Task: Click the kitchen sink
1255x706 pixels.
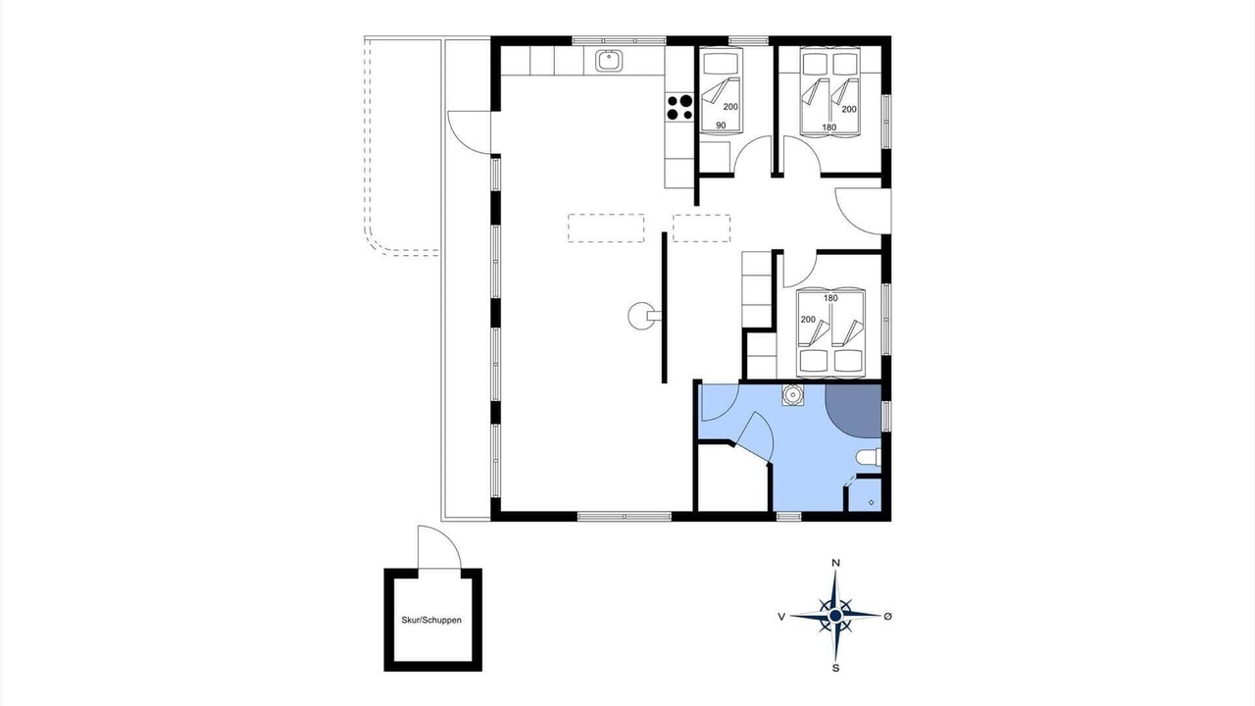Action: pos(609,61)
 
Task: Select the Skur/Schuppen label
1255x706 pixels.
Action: pos(431,620)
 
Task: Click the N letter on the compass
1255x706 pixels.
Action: pos(835,563)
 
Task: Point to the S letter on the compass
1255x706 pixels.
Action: pos(836,668)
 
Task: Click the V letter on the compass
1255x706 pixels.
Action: pos(781,617)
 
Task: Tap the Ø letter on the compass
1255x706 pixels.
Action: pos(887,617)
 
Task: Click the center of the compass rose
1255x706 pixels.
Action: pos(835,616)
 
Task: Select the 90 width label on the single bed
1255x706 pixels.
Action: pos(721,126)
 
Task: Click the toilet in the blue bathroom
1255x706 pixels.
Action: pos(869,457)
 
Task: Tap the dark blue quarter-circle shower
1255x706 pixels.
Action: pos(853,411)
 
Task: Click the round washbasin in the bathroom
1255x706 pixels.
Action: pos(792,395)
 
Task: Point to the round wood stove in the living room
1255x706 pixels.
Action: pos(640,316)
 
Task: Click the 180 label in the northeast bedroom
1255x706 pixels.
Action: pos(829,127)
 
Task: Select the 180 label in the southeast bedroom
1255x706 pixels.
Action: pos(830,298)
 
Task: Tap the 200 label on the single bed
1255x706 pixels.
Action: pos(730,107)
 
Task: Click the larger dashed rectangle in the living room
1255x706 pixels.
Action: pos(606,228)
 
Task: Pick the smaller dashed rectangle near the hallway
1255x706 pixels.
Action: pos(701,228)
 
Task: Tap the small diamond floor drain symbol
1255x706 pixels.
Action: pos(872,503)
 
